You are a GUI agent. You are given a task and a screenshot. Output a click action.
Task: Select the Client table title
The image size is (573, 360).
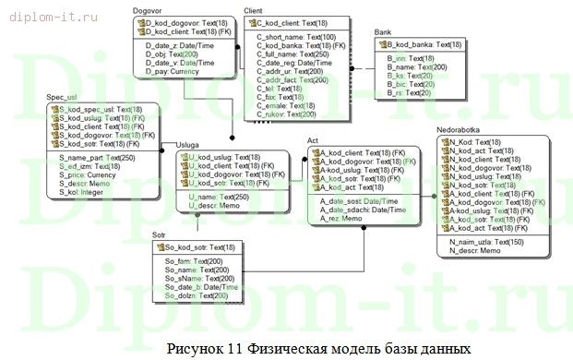click(253, 10)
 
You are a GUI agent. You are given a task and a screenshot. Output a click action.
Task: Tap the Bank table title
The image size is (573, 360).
click(383, 32)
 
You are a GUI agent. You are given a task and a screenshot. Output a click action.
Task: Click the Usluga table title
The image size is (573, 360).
click(188, 144)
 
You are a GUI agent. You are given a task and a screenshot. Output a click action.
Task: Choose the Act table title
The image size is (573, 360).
click(314, 139)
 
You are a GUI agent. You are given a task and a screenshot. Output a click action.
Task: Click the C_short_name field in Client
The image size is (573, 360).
click(290, 37)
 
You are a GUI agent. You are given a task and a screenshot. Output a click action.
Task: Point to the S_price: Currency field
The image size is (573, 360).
click(88, 174)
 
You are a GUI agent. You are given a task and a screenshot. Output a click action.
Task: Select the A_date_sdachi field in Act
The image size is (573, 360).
click(360, 210)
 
